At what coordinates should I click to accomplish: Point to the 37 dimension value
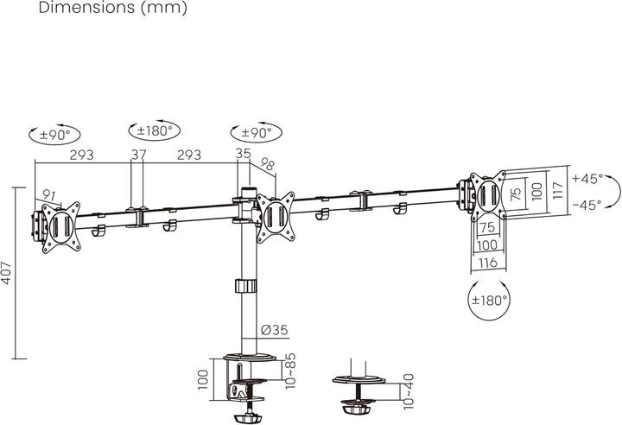tap(138, 155)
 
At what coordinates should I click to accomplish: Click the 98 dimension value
tap(267, 164)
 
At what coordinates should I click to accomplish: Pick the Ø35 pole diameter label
tap(273, 330)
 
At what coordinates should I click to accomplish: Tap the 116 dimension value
tap(486, 263)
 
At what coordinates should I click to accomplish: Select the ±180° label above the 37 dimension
tap(155, 131)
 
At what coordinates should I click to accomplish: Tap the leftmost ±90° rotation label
tap(54, 135)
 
